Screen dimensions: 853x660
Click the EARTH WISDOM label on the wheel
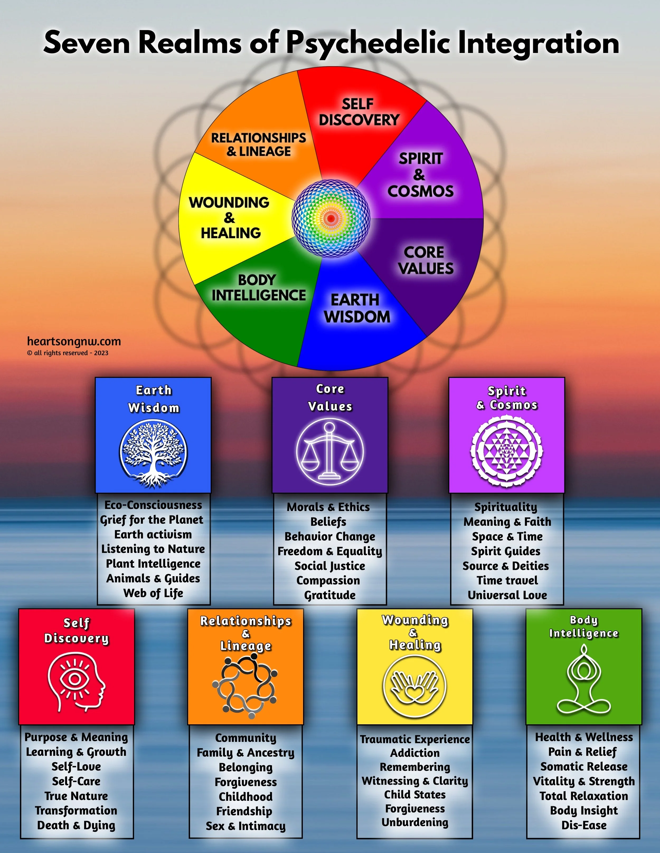pyautogui.click(x=357, y=308)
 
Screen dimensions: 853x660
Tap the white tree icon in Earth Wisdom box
pyautogui.click(x=153, y=453)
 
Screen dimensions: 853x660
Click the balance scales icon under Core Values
pyautogui.click(x=330, y=452)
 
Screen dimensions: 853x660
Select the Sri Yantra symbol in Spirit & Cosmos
pyautogui.click(x=506, y=451)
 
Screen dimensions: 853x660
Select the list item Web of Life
pyautogui.click(x=153, y=593)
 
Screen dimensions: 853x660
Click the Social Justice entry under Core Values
pyautogui.click(x=330, y=566)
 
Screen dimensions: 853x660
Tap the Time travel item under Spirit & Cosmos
pyautogui.click(x=507, y=580)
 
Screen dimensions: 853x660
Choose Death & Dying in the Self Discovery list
pyautogui.click(x=76, y=825)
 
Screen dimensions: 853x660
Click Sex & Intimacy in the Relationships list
pyautogui.click(x=246, y=826)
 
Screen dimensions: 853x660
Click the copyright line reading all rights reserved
pyautogui.click(x=68, y=353)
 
